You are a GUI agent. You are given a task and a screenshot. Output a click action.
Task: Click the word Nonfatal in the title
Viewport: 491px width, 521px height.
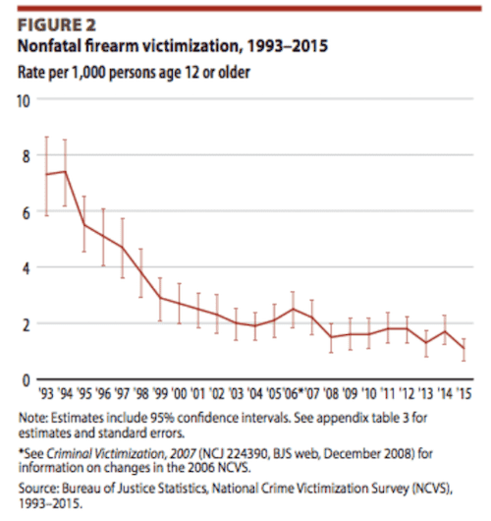(48, 46)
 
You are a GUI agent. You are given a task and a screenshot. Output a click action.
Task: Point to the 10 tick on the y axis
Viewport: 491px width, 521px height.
(24, 100)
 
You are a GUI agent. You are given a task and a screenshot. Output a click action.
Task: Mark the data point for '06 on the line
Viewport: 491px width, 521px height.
(292, 309)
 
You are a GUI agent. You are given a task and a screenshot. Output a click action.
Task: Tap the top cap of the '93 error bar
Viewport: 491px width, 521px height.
(47, 137)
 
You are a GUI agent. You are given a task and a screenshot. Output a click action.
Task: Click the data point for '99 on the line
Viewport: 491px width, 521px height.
(160, 298)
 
